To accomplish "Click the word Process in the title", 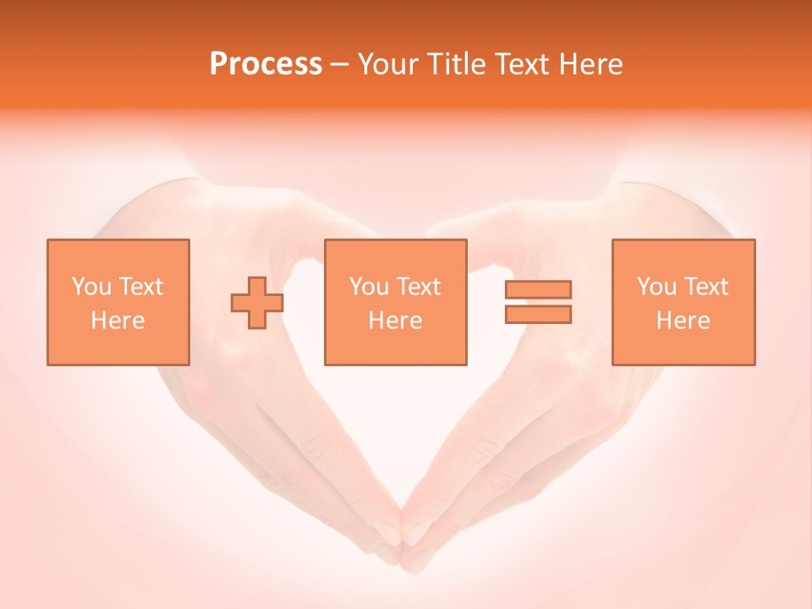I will coord(266,64).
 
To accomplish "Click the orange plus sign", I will coord(257,303).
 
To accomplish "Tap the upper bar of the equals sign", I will coord(538,289).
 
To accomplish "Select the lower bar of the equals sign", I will coord(538,315).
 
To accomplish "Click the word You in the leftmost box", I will coord(91,287).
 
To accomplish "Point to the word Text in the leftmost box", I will coord(140,287).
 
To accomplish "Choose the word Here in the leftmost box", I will coord(118,321).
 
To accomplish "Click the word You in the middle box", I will coord(369,287).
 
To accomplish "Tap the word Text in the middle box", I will coord(419,287).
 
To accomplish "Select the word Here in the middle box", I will coord(395,321).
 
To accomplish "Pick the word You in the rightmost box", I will coord(656,287).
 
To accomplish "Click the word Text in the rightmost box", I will coord(706,287).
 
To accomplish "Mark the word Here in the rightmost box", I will coord(683,321).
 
